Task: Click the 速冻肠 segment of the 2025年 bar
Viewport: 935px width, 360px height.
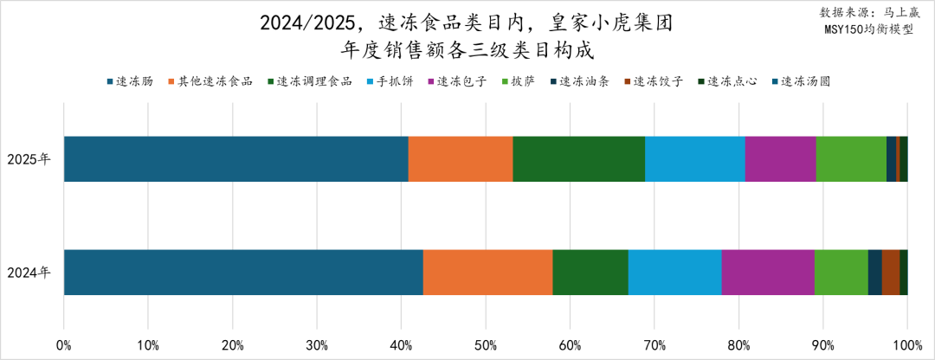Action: pos(235,158)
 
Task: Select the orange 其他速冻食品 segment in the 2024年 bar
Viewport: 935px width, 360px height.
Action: pos(487,272)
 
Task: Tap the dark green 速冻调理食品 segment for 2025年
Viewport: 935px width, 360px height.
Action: pos(578,158)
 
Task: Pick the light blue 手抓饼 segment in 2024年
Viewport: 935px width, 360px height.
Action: pos(674,272)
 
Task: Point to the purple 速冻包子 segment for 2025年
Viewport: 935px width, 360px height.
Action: pos(780,158)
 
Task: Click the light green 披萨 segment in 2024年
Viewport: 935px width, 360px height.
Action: pos(841,272)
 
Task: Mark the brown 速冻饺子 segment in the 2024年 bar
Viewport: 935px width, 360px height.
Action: pos(890,272)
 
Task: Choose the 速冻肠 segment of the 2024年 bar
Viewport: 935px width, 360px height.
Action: pos(243,272)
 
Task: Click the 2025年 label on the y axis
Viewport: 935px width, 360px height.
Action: pos(29,159)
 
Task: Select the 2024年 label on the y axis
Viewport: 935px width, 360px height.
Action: pos(29,273)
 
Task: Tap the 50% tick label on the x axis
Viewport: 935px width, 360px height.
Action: pos(485,345)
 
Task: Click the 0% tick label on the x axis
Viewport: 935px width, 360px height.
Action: pos(64,345)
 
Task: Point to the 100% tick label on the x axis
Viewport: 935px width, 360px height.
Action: pos(906,345)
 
